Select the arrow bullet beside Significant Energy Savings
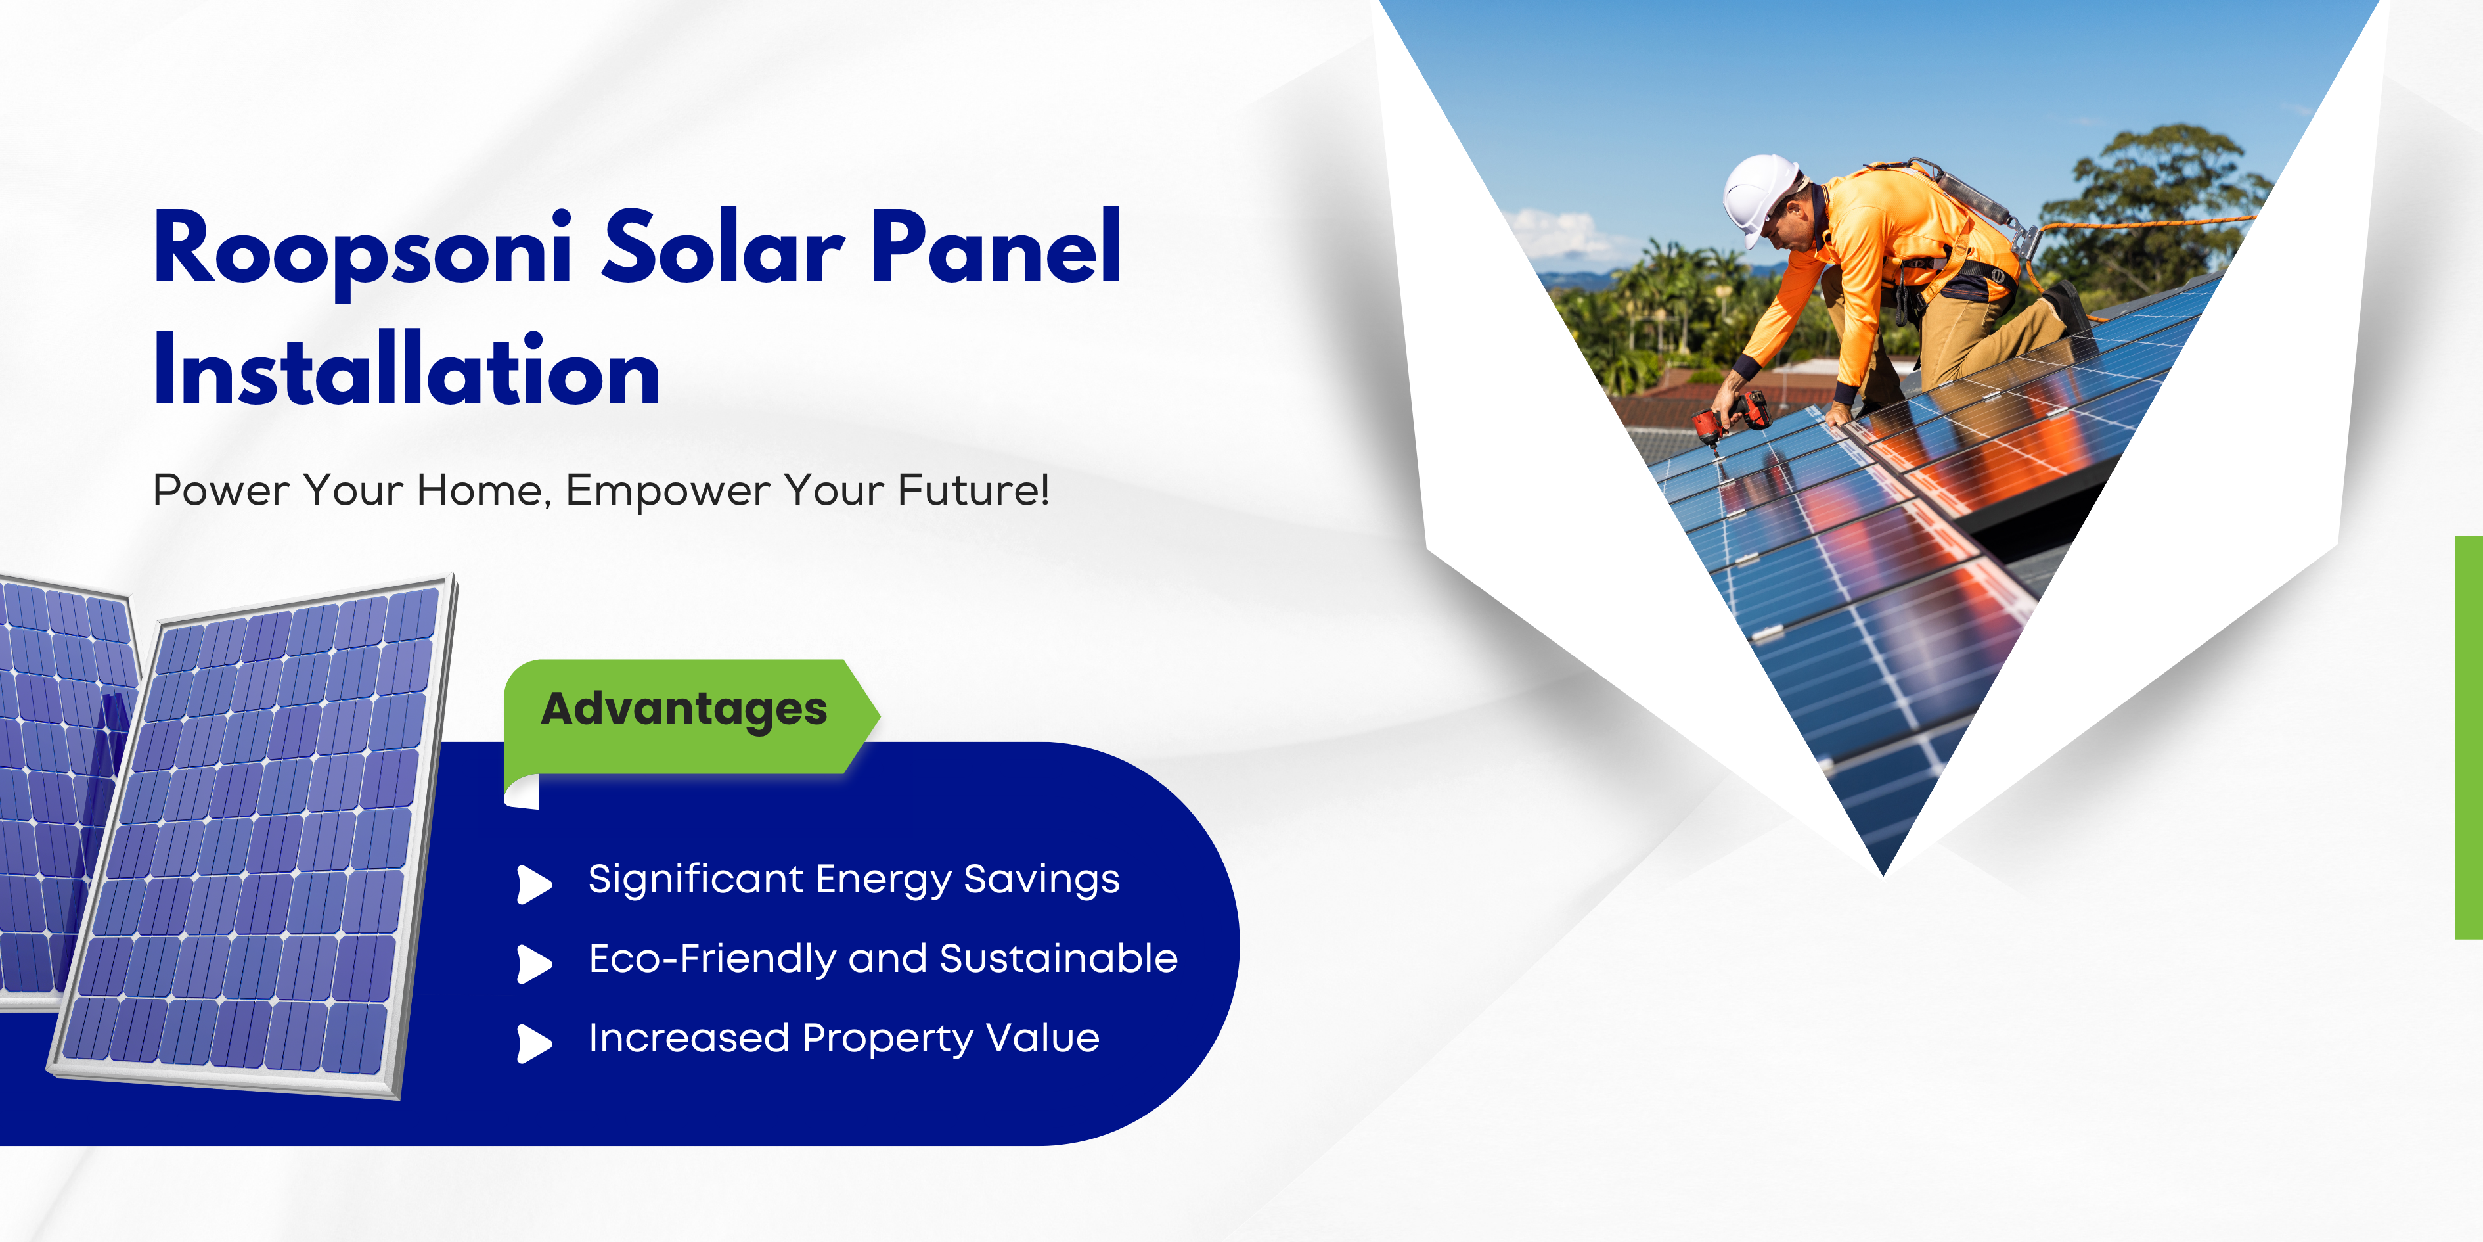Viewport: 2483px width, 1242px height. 533,883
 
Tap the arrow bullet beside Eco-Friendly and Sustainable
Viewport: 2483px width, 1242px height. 533,962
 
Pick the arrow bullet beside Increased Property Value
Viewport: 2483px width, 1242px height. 533,1042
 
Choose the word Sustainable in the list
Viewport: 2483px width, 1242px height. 1058,959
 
